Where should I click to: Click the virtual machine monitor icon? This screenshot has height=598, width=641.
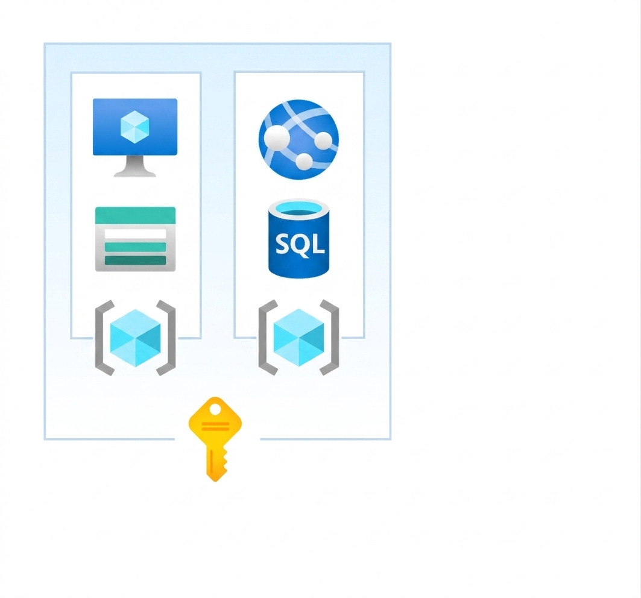[135, 137]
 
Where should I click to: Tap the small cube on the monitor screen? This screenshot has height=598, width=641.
[135, 127]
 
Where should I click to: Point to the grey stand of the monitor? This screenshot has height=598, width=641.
[135, 166]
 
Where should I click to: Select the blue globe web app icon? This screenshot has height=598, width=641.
[299, 139]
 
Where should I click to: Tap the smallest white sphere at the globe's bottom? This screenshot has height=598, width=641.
[304, 161]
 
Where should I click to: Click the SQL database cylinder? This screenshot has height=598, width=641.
[299, 239]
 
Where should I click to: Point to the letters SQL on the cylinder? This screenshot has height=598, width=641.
[300, 244]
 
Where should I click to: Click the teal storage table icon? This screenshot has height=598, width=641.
[135, 239]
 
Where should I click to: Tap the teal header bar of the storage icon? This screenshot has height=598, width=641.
[135, 215]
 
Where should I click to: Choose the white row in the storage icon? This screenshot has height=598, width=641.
[135, 234]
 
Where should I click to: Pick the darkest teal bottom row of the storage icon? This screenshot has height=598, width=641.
[135, 260]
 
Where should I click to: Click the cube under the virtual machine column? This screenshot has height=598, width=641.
[135, 338]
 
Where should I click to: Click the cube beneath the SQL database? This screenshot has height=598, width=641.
[299, 338]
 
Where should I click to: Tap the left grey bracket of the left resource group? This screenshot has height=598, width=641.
[104, 338]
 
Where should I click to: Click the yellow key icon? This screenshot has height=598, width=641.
[215, 439]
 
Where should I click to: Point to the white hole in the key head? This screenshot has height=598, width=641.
[215, 409]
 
